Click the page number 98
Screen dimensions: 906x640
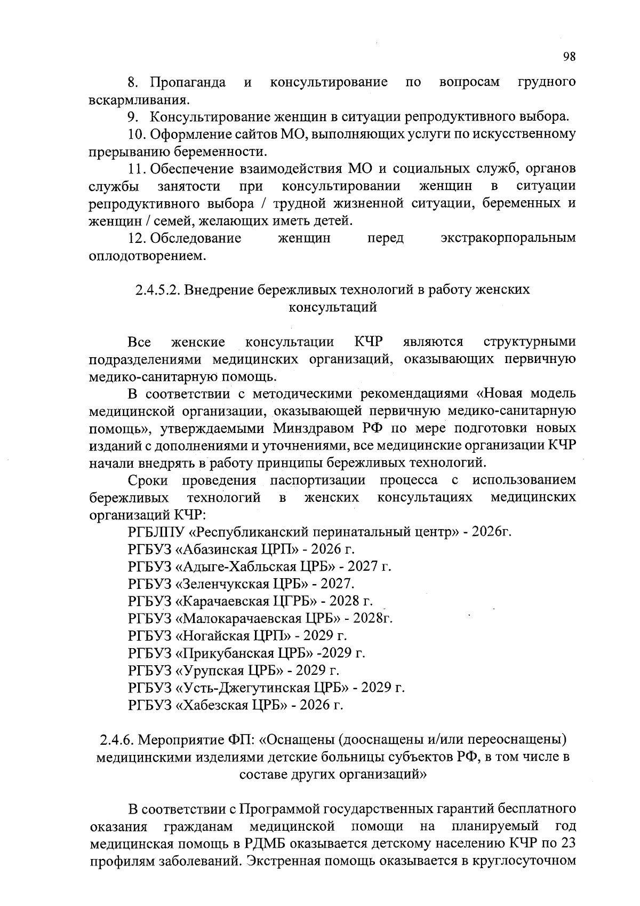pos(569,57)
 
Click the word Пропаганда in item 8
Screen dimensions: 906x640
pos(187,82)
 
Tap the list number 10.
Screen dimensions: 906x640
pos(137,135)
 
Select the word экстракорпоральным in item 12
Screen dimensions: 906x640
pos(508,238)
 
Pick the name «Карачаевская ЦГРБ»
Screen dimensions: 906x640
pos(244,601)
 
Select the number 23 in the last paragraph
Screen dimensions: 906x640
pos(567,844)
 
